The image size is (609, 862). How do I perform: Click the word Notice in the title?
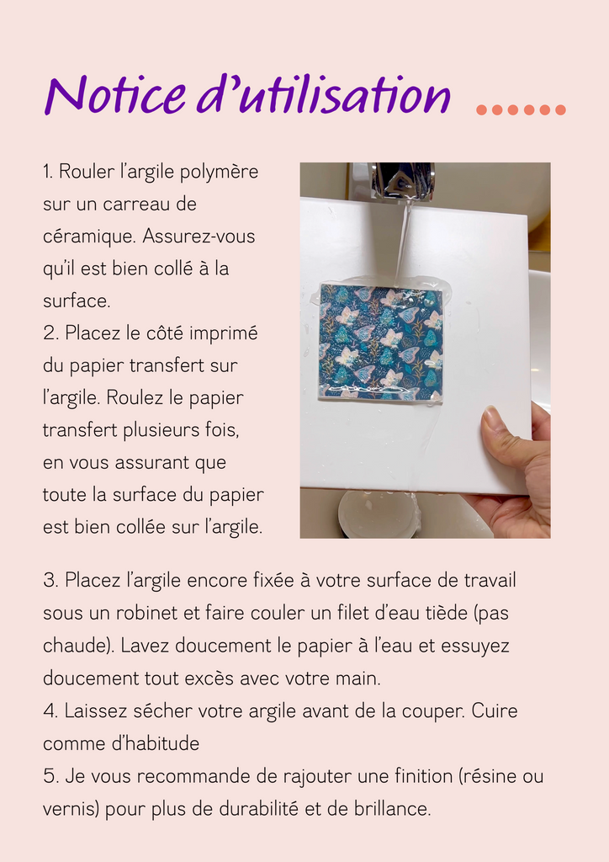click(x=115, y=94)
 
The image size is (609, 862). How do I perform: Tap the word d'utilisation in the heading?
click(x=324, y=94)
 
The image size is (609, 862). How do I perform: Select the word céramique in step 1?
click(x=89, y=237)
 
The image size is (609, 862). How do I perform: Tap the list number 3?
click(x=50, y=581)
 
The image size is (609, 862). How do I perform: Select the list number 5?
click(x=50, y=776)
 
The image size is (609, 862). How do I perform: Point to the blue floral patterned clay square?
click(x=381, y=342)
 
